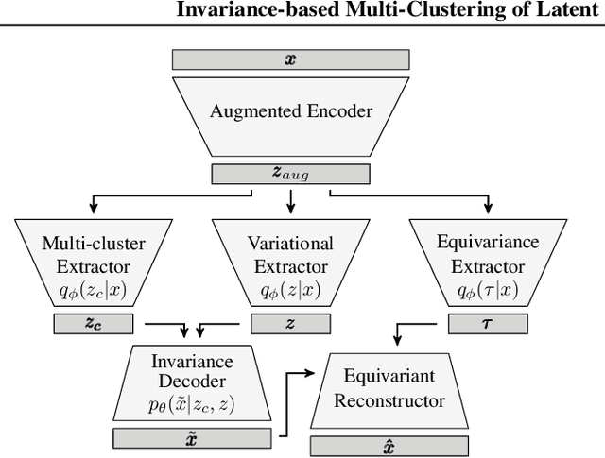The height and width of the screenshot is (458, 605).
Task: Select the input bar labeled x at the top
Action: tap(290, 59)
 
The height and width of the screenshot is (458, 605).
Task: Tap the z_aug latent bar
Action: tap(290, 174)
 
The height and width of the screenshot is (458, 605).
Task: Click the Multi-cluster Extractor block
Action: tap(92, 255)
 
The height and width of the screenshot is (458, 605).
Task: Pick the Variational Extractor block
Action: tap(290, 255)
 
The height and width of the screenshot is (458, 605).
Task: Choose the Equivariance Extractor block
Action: tap(489, 255)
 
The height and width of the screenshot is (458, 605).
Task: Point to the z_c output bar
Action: tap(92, 324)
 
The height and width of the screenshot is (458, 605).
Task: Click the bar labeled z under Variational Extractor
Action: tap(290, 324)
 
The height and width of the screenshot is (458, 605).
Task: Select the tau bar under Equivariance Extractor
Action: tap(489, 324)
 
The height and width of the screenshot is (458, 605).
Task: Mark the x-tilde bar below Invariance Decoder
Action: tap(191, 437)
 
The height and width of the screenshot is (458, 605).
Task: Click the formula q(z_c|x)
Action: tap(92, 292)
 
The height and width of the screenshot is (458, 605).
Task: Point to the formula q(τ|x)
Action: tap(489, 292)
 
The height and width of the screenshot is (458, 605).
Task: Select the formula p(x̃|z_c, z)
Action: tap(191, 405)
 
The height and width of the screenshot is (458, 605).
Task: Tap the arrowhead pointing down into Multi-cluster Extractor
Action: tap(92, 209)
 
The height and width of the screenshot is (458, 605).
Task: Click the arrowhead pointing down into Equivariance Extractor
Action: tap(489, 209)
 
